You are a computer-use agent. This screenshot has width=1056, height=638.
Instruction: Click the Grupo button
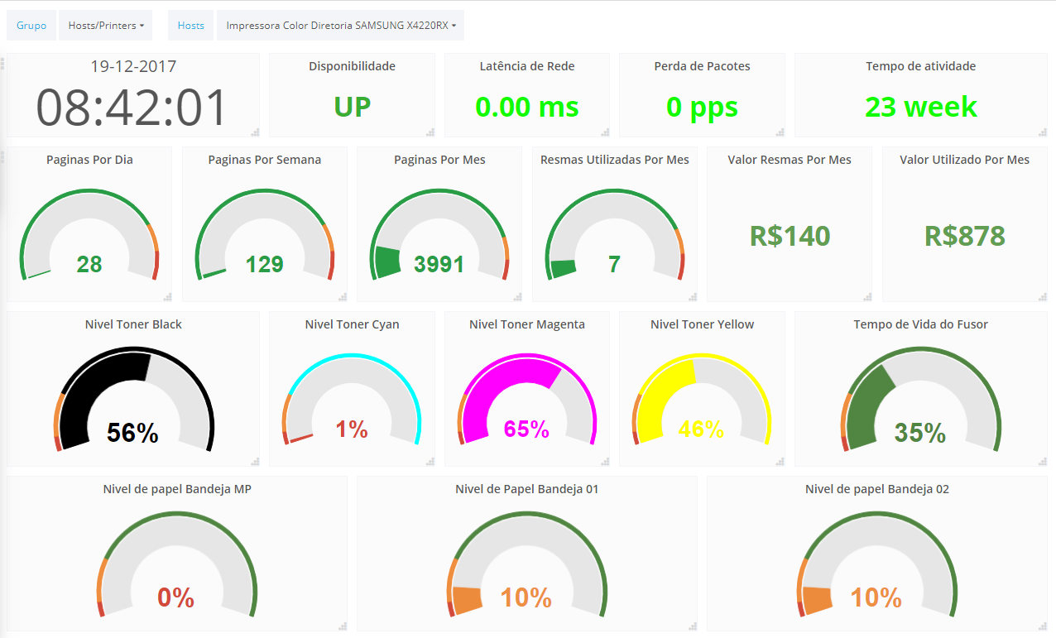click(31, 26)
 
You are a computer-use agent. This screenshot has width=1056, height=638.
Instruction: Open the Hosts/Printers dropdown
click(105, 26)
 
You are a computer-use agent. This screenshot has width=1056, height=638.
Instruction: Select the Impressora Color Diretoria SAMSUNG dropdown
click(340, 26)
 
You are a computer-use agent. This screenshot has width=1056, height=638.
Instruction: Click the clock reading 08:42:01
click(132, 108)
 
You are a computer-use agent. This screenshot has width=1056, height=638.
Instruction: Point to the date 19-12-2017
click(133, 67)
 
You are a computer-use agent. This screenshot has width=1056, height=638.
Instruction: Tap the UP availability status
click(352, 107)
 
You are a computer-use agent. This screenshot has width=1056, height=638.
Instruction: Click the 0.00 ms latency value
click(527, 107)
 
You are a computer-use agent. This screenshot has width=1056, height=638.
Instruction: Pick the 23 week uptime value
click(921, 107)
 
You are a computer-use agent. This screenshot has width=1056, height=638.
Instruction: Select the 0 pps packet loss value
click(702, 107)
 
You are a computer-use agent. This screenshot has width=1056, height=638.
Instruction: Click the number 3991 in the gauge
click(439, 265)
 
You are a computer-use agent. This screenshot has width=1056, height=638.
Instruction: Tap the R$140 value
click(790, 236)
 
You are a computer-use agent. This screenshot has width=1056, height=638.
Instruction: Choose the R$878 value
click(964, 236)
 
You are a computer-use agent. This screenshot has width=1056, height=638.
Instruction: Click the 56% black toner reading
click(132, 433)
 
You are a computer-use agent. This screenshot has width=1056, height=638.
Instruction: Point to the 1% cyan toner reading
click(352, 429)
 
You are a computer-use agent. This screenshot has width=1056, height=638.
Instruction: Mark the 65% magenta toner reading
click(527, 429)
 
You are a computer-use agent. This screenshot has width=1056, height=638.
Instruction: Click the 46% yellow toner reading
click(701, 429)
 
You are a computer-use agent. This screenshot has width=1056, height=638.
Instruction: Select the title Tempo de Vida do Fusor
click(920, 324)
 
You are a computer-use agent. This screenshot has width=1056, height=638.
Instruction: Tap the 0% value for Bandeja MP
click(175, 597)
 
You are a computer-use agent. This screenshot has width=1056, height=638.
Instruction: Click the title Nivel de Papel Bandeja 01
click(526, 489)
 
